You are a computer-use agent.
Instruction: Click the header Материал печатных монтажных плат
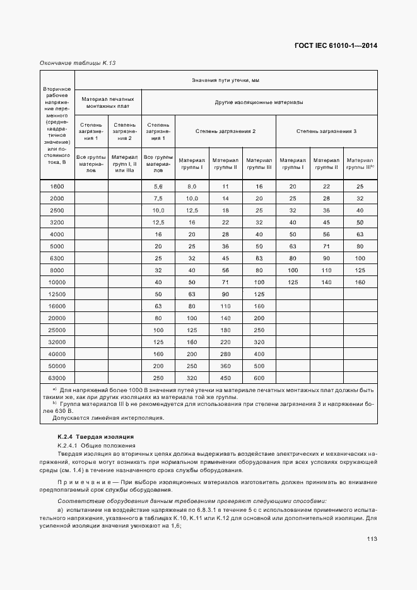point(108,102)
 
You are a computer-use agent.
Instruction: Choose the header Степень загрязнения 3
point(326,130)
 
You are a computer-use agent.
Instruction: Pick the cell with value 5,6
point(158,187)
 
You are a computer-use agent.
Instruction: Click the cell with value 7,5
point(158,199)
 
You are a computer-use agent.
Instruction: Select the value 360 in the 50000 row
point(225,366)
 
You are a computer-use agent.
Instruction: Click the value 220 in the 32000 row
point(225,342)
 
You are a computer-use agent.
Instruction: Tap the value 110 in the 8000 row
point(326,270)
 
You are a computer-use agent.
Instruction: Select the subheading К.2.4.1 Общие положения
point(92,446)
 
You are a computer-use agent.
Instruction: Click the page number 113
point(370,538)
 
